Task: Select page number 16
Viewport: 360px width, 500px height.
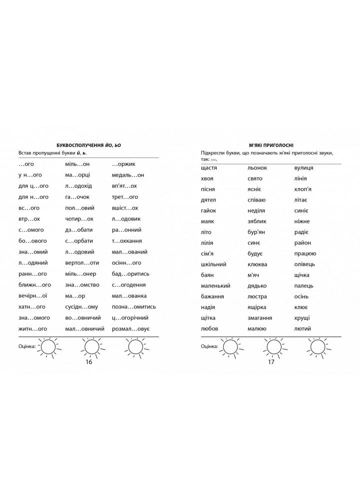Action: pyautogui.click(x=89, y=362)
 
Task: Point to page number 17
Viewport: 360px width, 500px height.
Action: pyautogui.click(x=271, y=362)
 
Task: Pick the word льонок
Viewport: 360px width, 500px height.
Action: pyautogui.click(x=257, y=167)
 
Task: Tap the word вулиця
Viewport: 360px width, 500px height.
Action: pyautogui.click(x=304, y=167)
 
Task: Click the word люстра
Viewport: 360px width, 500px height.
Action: pyautogui.click(x=256, y=296)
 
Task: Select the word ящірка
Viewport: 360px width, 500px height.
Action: pyautogui.click(x=257, y=307)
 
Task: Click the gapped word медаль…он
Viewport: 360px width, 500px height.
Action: pyautogui.click(x=128, y=175)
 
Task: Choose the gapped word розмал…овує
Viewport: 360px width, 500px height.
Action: pyautogui.click(x=132, y=328)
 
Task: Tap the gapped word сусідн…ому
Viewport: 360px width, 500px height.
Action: pyautogui.click(x=81, y=306)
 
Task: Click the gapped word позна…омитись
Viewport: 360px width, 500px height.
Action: pyautogui.click(x=134, y=306)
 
